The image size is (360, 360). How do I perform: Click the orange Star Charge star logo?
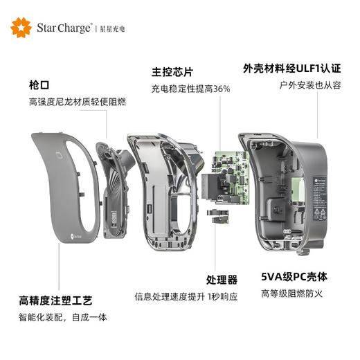[x=21, y=27]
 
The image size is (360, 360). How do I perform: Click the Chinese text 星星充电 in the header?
[x=113, y=28]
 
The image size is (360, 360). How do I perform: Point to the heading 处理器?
[x=222, y=280]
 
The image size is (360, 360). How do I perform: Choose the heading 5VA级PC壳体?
[x=294, y=276]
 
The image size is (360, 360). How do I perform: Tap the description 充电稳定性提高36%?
[x=190, y=89]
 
